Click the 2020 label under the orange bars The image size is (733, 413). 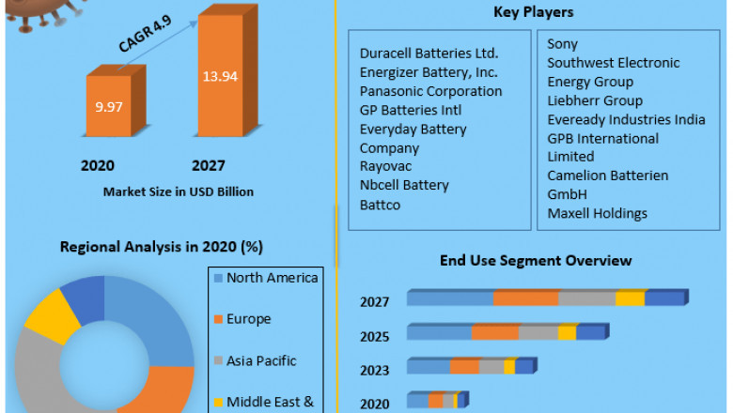[98, 165]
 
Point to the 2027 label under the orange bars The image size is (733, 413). [208, 165]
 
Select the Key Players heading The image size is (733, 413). [533, 12]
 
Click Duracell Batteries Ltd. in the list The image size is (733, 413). [429, 54]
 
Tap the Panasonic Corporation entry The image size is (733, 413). [430, 91]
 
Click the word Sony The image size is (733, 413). [563, 44]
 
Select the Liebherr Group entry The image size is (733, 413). [595, 100]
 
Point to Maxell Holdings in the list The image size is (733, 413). [597, 213]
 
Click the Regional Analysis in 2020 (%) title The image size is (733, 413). [161, 247]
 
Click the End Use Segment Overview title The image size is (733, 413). [536, 260]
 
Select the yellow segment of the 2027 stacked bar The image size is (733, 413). [631, 298]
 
